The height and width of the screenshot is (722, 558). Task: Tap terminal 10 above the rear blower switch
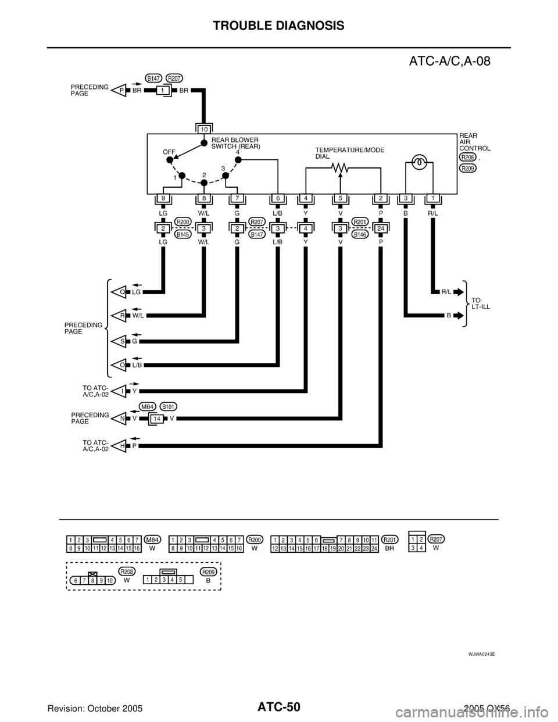(x=203, y=128)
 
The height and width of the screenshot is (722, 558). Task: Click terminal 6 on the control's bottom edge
(x=278, y=199)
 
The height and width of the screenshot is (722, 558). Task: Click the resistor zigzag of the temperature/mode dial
(x=339, y=168)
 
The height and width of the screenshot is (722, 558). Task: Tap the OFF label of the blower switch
(x=169, y=151)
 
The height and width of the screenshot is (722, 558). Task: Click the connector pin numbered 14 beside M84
(x=156, y=419)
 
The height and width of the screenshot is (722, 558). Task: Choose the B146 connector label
(x=360, y=235)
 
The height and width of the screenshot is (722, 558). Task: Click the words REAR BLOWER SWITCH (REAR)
(x=235, y=143)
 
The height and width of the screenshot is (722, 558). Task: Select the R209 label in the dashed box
(x=208, y=571)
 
